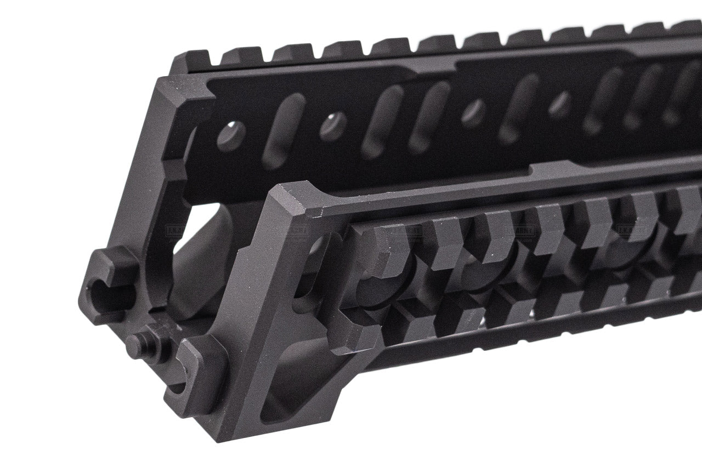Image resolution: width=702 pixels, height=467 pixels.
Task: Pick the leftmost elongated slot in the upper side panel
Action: click(x=282, y=130)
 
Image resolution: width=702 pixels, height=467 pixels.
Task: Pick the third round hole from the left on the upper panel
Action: click(x=473, y=113)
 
